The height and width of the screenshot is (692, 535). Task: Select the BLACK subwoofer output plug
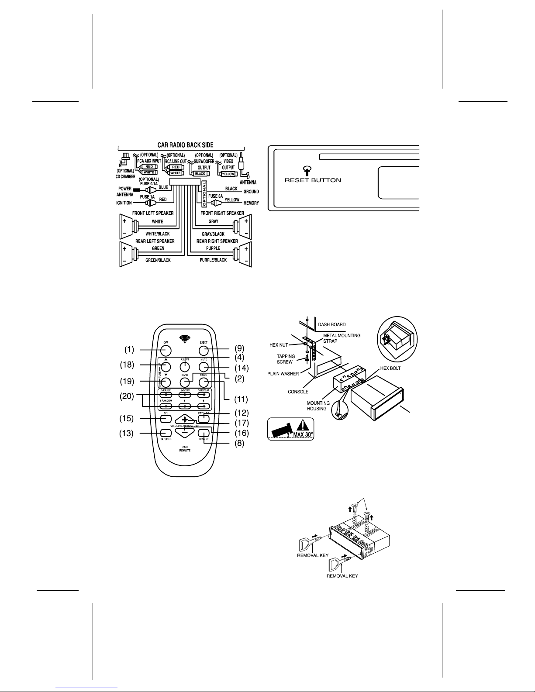click(200, 173)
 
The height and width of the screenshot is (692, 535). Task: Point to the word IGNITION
click(124, 203)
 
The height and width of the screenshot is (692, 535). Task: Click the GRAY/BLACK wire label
click(213, 234)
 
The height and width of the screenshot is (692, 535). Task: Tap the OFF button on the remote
click(166, 351)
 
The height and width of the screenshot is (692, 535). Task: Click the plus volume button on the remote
click(185, 418)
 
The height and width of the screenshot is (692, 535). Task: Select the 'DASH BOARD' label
click(331, 324)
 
